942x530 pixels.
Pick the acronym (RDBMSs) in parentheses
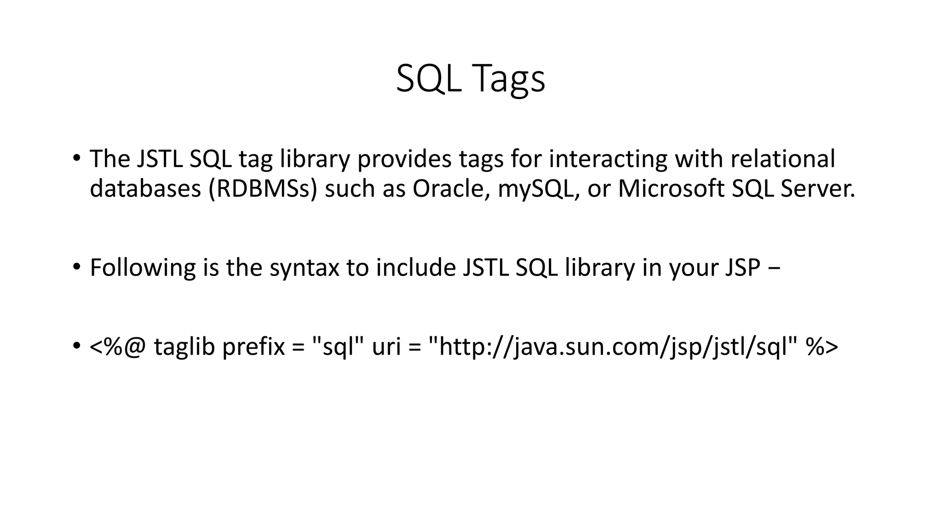click(x=263, y=189)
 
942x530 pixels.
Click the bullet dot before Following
click(x=76, y=267)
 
